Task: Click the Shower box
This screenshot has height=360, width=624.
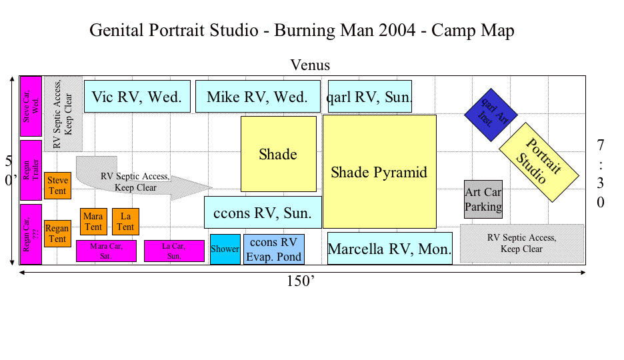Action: [225, 249]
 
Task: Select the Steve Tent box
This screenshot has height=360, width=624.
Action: [58, 185]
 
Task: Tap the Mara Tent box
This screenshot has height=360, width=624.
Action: [93, 221]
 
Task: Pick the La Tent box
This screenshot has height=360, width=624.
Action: [126, 221]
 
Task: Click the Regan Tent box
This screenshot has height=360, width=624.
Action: [58, 233]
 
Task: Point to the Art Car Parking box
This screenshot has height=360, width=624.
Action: [483, 199]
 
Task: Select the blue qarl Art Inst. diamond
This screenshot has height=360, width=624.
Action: [491, 115]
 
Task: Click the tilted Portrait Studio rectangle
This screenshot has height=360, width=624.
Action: [539, 162]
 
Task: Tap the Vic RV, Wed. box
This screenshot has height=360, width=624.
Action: [137, 96]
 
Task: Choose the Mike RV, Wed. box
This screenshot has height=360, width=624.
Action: [258, 96]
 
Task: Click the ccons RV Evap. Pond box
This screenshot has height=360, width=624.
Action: [274, 249]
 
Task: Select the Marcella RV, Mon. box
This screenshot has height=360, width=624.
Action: [390, 248]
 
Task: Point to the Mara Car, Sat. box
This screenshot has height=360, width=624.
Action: [106, 251]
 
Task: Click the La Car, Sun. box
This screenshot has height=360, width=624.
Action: [174, 251]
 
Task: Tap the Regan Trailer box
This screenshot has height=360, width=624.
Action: [31, 170]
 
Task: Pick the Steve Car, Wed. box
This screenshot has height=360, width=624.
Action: [31, 106]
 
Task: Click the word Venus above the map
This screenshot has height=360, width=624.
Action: [310, 65]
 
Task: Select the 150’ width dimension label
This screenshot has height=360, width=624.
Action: [301, 281]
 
